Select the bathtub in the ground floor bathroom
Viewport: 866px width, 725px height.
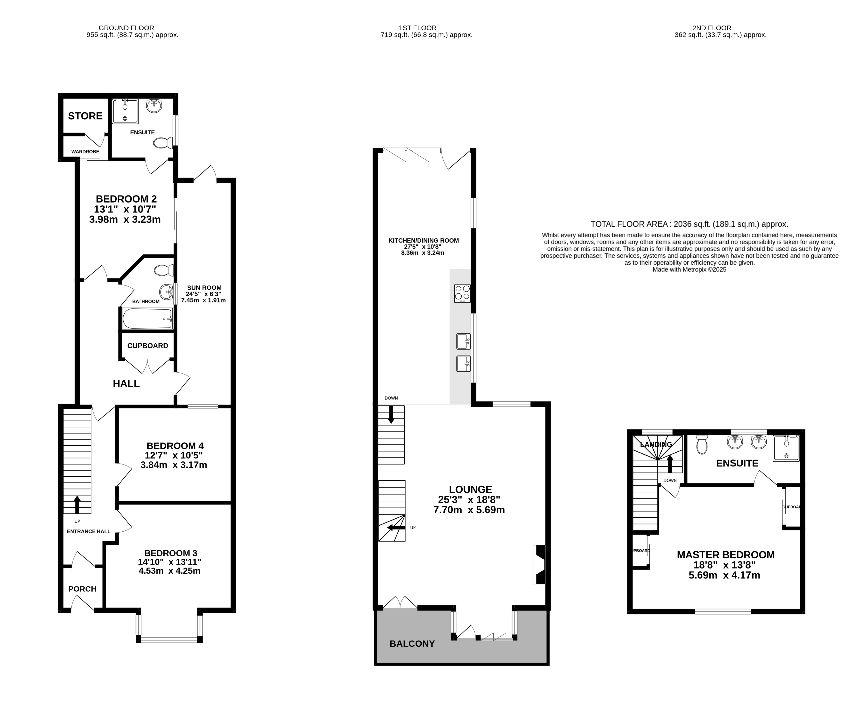coord(147,318)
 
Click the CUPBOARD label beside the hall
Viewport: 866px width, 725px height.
coord(148,346)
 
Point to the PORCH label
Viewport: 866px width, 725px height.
coord(82,589)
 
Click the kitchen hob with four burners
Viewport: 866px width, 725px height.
coord(462,293)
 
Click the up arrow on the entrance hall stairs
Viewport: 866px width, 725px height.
coord(77,504)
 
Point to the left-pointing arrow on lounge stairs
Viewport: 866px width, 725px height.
coord(395,527)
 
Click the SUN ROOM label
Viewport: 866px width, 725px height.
coord(204,288)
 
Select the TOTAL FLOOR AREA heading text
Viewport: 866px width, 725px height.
coord(689,224)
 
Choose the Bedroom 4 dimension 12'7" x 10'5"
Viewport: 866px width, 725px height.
coord(174,456)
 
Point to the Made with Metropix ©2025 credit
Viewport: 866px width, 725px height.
coord(690,269)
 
